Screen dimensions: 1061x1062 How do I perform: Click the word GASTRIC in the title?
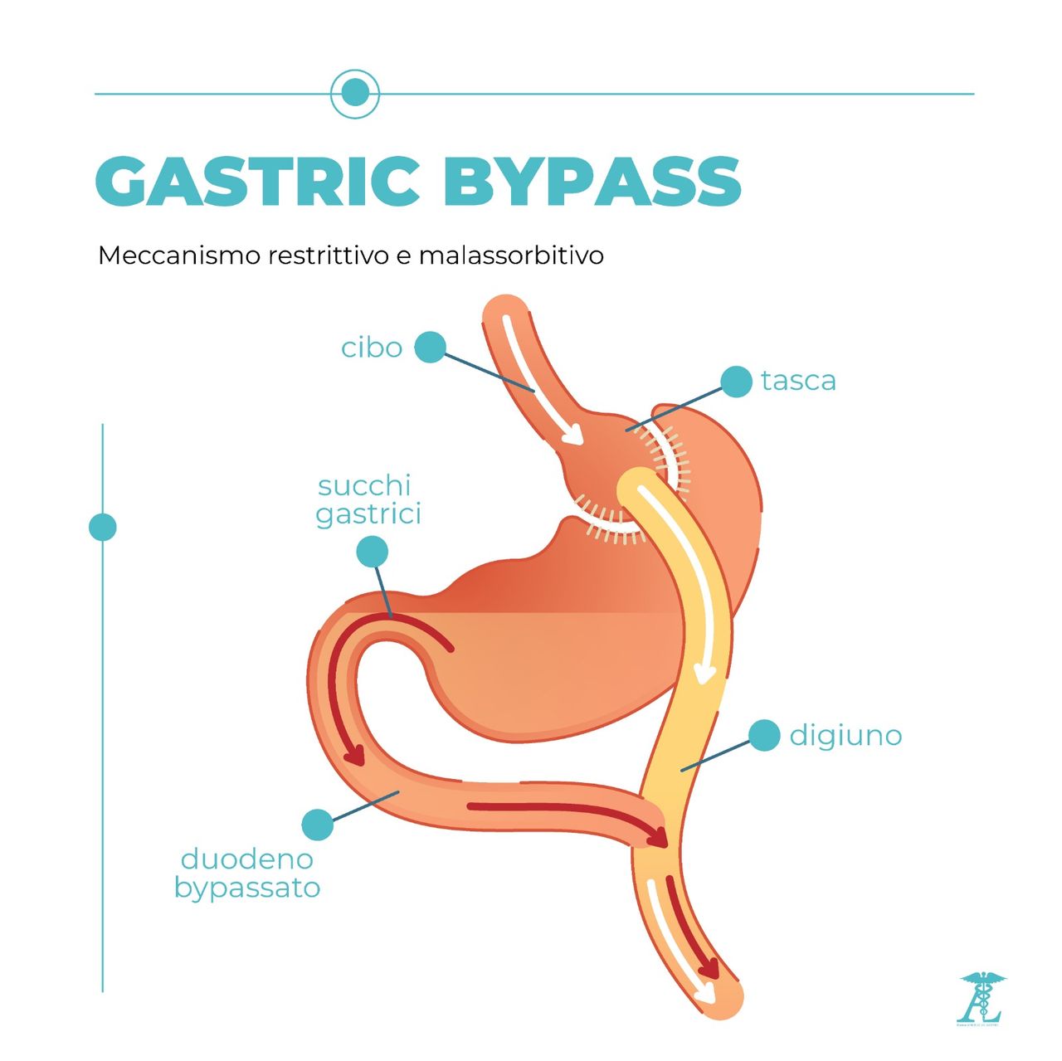[x=258, y=181]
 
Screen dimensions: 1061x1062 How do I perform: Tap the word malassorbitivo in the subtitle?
[x=511, y=255]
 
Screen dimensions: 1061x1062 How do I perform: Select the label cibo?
[x=372, y=348]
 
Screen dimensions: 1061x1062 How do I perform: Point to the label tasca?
[x=798, y=381]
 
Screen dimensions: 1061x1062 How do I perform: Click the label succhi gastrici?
[x=368, y=500]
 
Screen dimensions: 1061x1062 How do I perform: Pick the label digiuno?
[x=845, y=736]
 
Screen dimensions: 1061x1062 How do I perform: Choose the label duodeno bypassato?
[x=247, y=874]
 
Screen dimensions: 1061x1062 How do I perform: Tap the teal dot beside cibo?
[x=430, y=348]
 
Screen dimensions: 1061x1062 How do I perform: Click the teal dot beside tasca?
[x=736, y=382]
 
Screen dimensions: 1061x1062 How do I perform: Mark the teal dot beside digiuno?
[x=764, y=736]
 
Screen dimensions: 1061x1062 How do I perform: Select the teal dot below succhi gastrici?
[x=372, y=551]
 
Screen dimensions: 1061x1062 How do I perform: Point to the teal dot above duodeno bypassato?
[x=317, y=825]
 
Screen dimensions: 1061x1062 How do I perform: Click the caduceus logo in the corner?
[x=981, y=998]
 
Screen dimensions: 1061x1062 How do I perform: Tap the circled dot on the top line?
[x=355, y=93]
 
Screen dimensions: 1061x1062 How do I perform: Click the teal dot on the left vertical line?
[x=103, y=528]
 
